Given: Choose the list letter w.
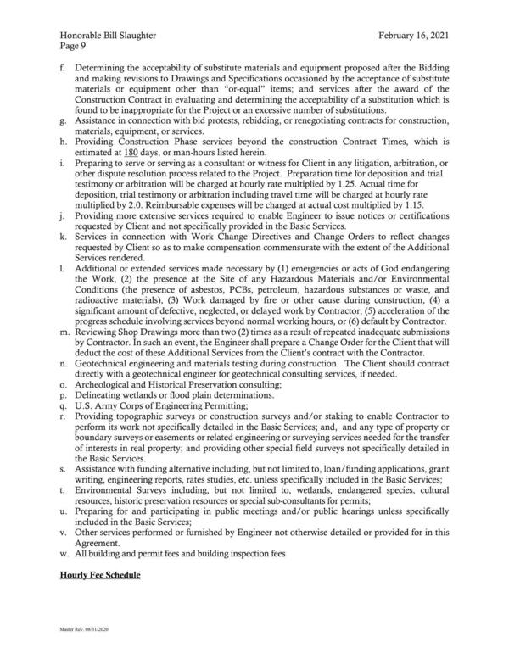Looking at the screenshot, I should [63, 553].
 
